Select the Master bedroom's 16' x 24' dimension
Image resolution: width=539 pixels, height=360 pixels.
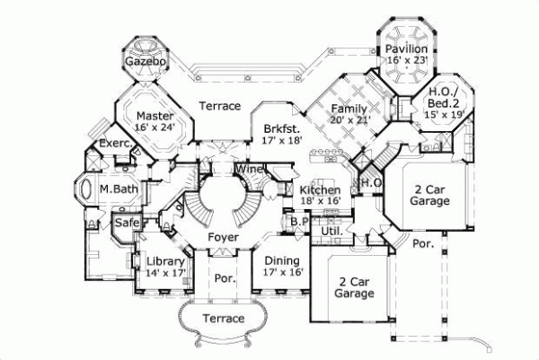[x=154, y=127]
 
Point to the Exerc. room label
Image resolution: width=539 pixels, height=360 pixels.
[x=115, y=144]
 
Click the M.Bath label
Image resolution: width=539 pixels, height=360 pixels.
[x=117, y=189]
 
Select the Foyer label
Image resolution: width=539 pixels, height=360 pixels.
[x=223, y=237]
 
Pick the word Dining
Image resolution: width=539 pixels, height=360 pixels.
[x=281, y=260]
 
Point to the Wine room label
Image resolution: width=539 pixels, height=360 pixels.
[x=249, y=170]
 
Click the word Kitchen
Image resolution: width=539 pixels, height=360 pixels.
[x=320, y=191]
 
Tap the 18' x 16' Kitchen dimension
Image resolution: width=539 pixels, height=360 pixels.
[x=320, y=203]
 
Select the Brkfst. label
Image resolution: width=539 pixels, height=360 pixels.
[x=281, y=128]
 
